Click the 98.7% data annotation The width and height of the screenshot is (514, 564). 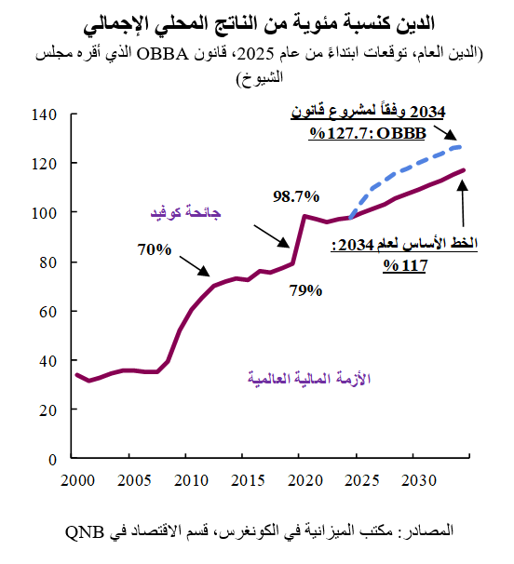point(296,196)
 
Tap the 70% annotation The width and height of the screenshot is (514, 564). point(154,249)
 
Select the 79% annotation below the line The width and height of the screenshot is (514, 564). point(304,289)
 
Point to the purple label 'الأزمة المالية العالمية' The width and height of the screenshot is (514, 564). point(308,378)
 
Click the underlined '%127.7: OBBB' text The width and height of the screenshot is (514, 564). point(368,133)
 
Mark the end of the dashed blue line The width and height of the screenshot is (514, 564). point(463,146)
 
